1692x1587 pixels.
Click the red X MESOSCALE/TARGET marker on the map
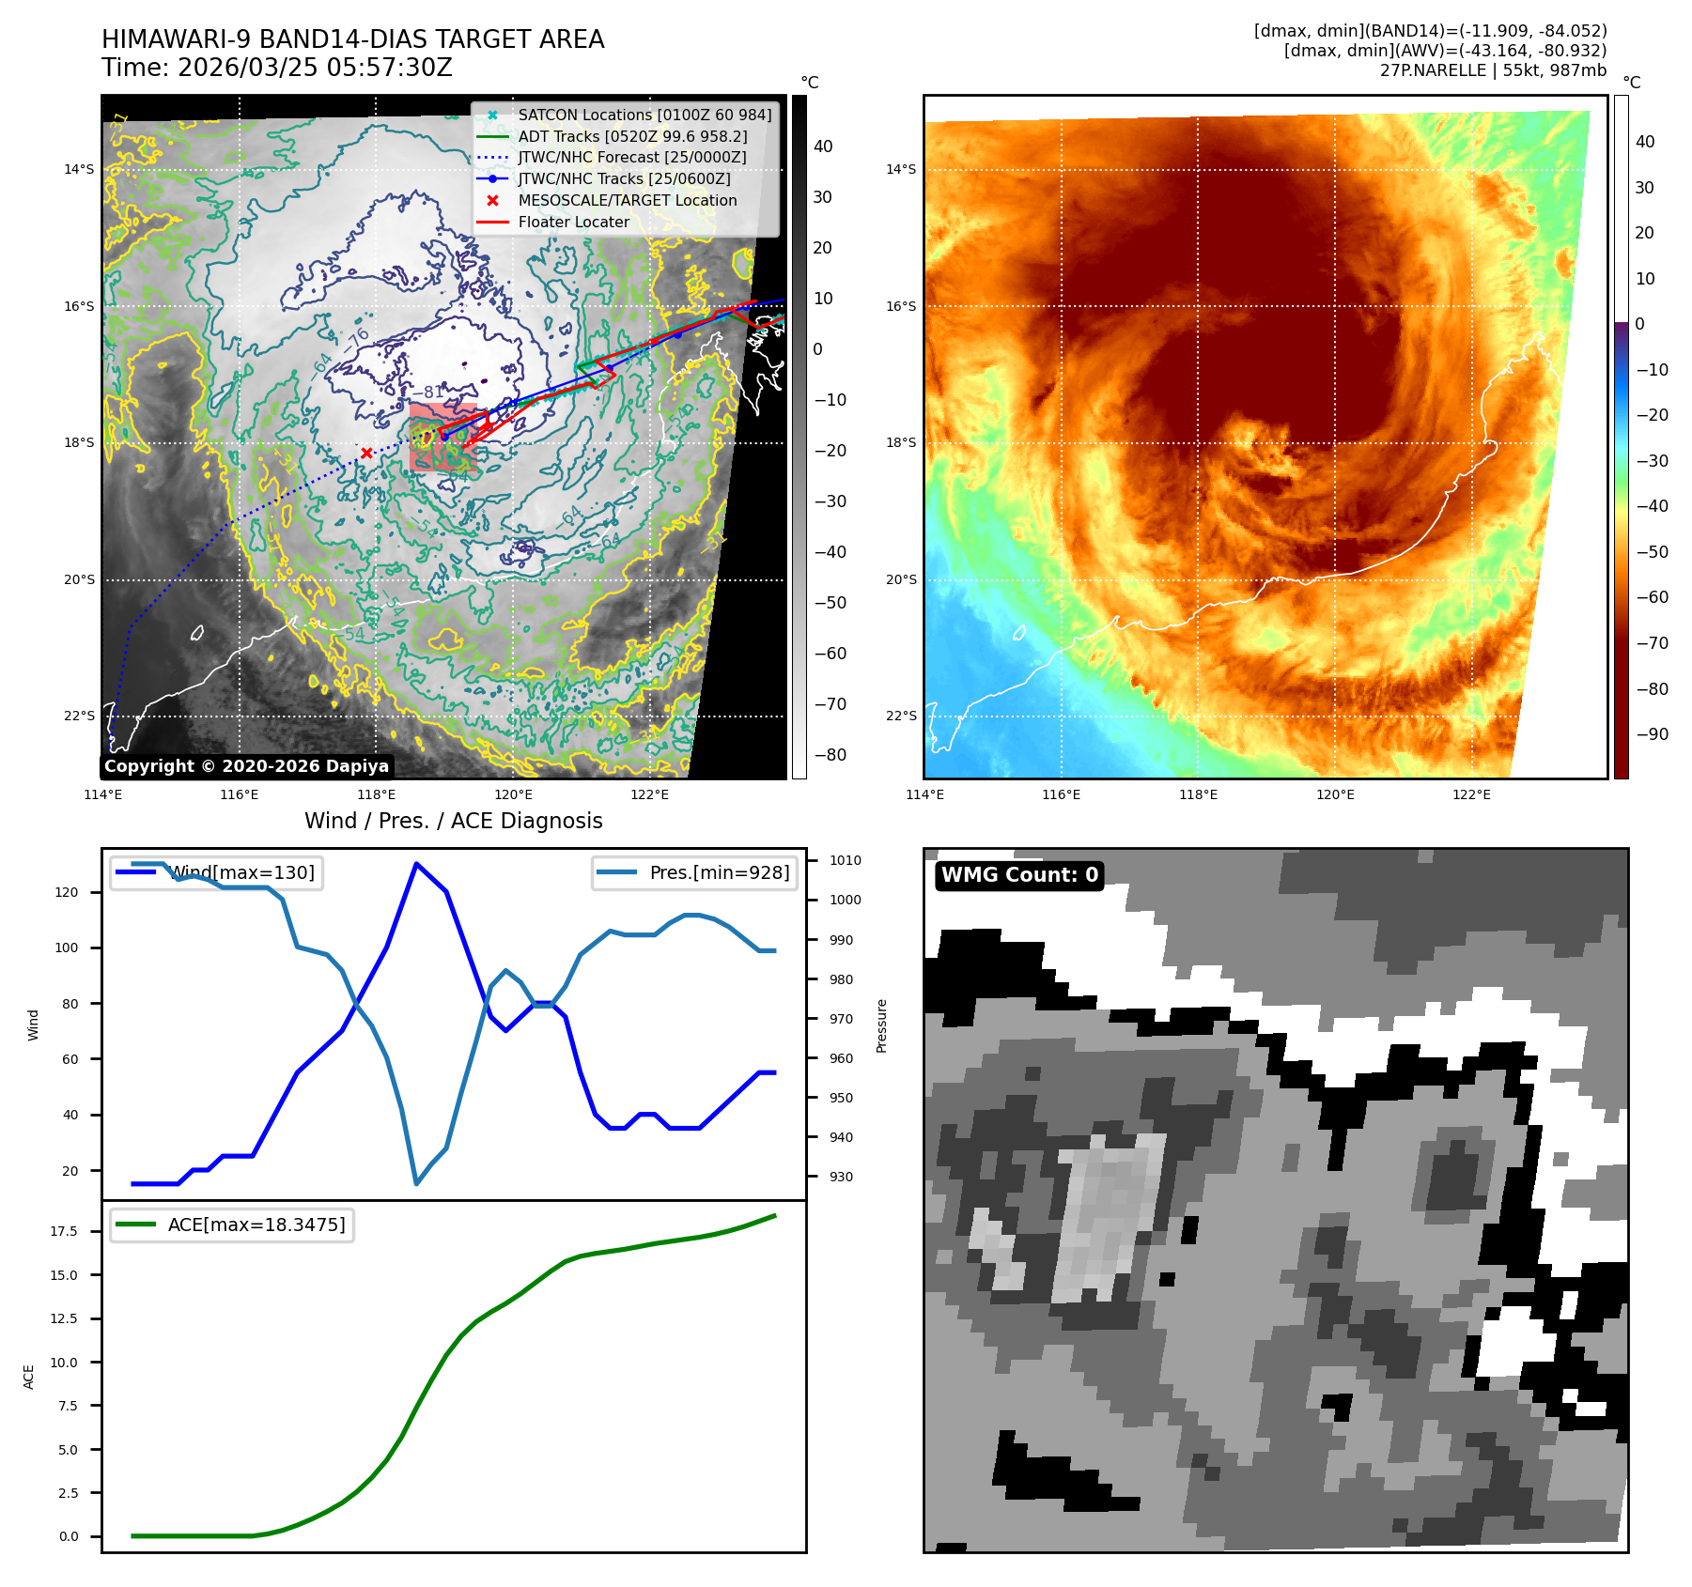pos(366,453)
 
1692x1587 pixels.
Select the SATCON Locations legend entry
pos(644,115)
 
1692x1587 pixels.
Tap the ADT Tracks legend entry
pos(632,136)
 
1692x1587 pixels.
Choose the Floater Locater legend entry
pos(573,222)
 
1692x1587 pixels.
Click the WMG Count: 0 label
pos(1019,875)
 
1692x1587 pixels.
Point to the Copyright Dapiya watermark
pos(246,766)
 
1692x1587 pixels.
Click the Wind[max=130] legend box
pos(216,872)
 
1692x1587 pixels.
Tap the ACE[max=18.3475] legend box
pos(231,1225)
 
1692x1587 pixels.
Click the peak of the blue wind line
pos(416,864)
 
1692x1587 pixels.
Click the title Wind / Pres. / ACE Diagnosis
pos(453,821)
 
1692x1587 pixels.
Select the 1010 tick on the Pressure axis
pos(845,860)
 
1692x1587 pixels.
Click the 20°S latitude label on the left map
pos(80,579)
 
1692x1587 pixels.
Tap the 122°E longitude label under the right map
pos(1471,794)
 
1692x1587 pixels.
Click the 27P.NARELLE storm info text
pos(1493,70)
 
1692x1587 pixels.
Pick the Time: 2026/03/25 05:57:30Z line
pos(277,68)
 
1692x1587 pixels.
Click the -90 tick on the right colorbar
pos(1652,734)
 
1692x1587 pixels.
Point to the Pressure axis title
pos(881,1025)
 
